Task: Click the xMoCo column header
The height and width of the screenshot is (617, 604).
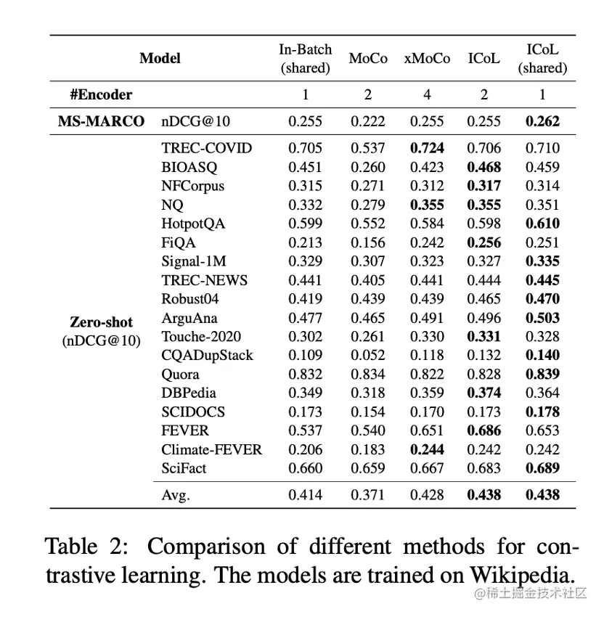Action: (x=427, y=59)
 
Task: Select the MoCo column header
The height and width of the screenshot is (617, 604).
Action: (x=368, y=59)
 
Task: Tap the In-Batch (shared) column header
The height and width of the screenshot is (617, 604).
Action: (x=305, y=59)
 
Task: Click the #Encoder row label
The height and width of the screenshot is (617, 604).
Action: (x=101, y=94)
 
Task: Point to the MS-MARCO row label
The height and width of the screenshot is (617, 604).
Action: (x=101, y=122)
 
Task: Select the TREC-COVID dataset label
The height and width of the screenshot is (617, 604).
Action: (x=206, y=148)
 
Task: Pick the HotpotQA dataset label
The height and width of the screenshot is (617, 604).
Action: (x=192, y=224)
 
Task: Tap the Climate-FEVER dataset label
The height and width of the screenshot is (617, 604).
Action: (x=211, y=450)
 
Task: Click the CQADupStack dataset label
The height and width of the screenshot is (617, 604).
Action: (x=207, y=356)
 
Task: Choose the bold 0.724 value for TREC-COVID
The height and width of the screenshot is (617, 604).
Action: (x=427, y=148)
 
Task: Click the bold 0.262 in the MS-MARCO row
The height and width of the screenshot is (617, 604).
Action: (x=542, y=122)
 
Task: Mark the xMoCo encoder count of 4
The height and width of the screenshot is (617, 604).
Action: (x=427, y=94)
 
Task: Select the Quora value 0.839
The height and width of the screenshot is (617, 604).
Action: (x=542, y=375)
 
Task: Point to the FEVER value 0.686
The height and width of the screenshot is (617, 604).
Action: (x=484, y=431)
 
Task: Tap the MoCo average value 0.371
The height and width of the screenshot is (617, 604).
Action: (x=368, y=496)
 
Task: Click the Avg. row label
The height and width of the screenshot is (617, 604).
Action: (x=176, y=496)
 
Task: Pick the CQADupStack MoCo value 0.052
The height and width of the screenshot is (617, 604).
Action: (x=368, y=356)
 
